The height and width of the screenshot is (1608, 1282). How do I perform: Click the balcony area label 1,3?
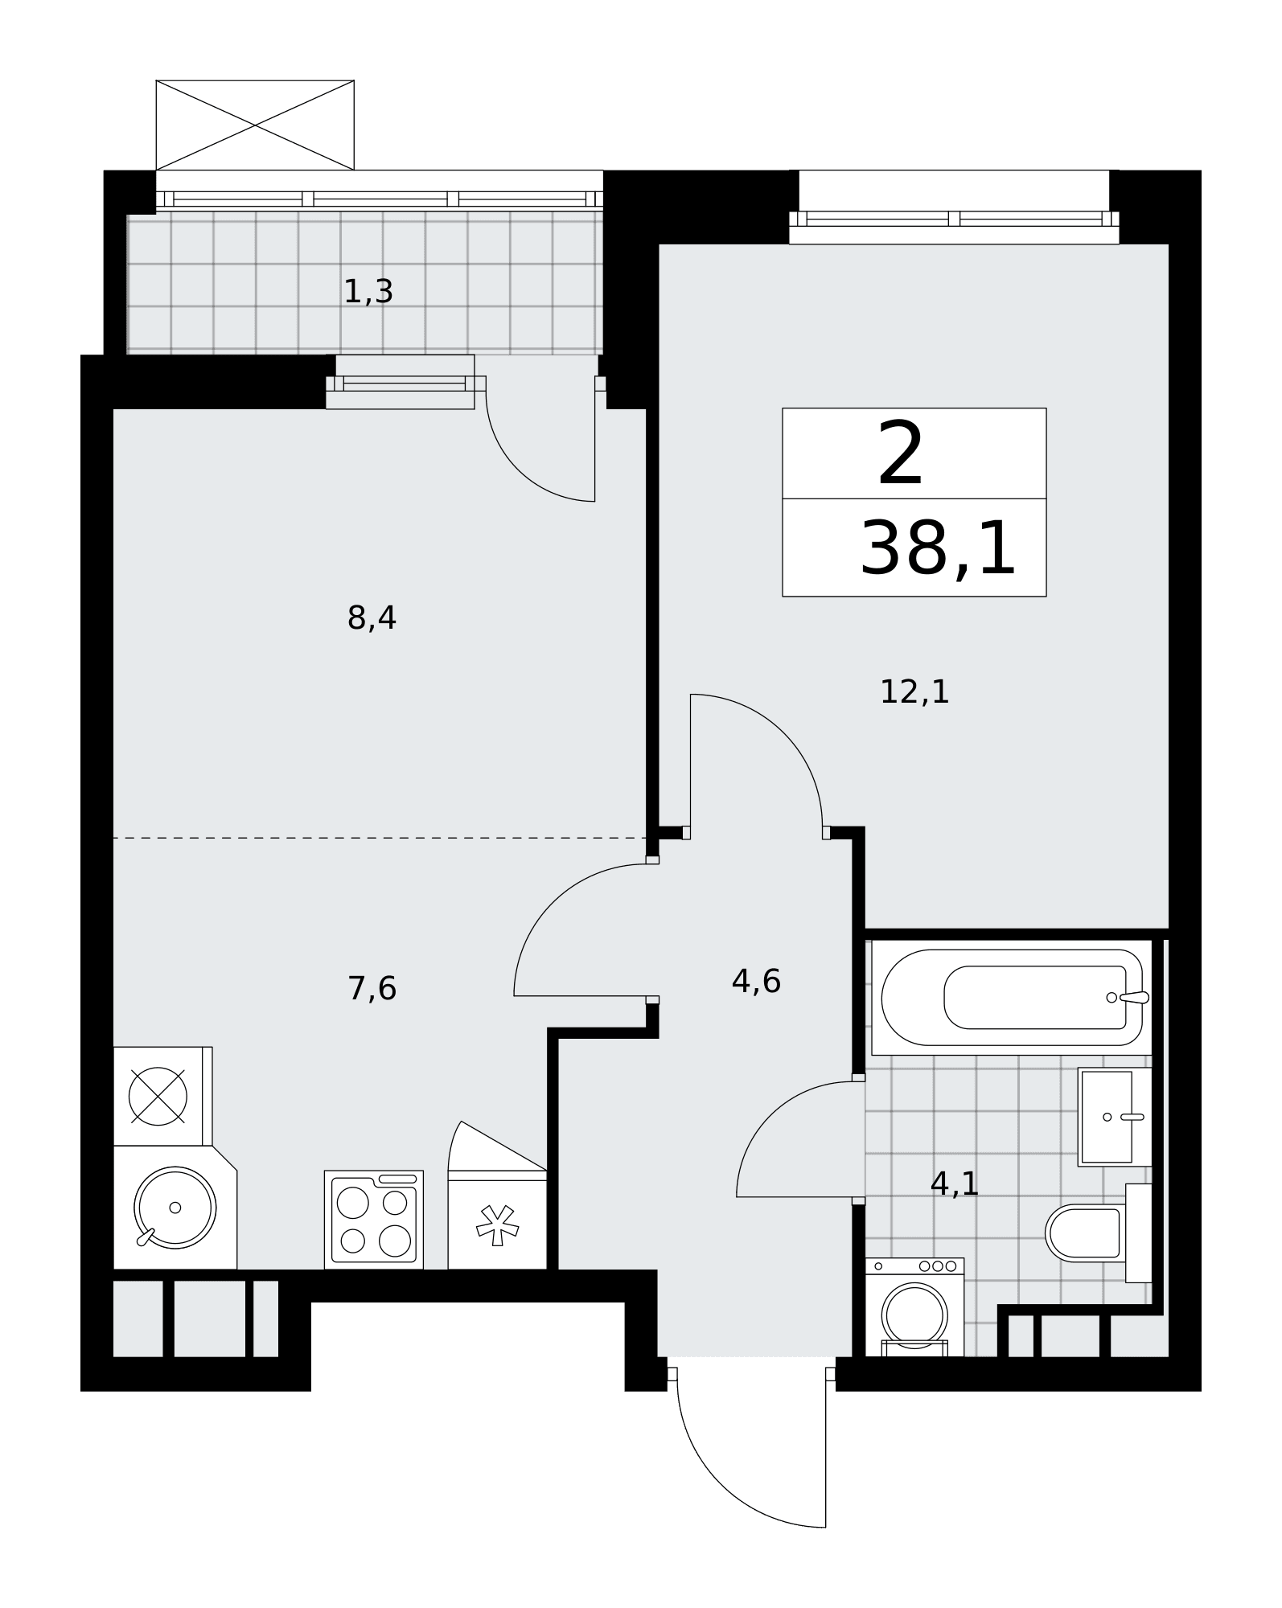(x=368, y=292)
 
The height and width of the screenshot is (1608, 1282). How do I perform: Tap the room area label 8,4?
(x=372, y=618)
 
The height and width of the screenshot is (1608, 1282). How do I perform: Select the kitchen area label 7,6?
(x=372, y=988)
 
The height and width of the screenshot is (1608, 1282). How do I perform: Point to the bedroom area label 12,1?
(x=914, y=691)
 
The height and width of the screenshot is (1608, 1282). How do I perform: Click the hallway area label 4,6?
(x=756, y=981)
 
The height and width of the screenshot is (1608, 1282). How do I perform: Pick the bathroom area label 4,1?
(x=954, y=1183)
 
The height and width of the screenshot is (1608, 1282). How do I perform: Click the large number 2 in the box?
(x=901, y=455)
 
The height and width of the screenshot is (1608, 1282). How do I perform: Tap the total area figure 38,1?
(x=938, y=549)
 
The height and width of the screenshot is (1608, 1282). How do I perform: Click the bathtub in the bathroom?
(x=1012, y=997)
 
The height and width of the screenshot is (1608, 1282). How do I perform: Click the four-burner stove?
(x=374, y=1220)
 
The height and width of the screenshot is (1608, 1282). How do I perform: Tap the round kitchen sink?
(x=175, y=1208)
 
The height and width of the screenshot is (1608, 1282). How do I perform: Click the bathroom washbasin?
(x=1115, y=1117)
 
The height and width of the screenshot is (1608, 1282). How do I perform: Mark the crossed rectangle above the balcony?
(x=255, y=125)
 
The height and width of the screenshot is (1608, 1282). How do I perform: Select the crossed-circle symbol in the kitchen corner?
(x=158, y=1097)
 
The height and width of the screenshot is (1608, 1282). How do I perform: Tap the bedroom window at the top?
(x=954, y=219)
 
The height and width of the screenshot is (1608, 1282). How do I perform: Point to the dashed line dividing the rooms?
(x=380, y=838)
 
